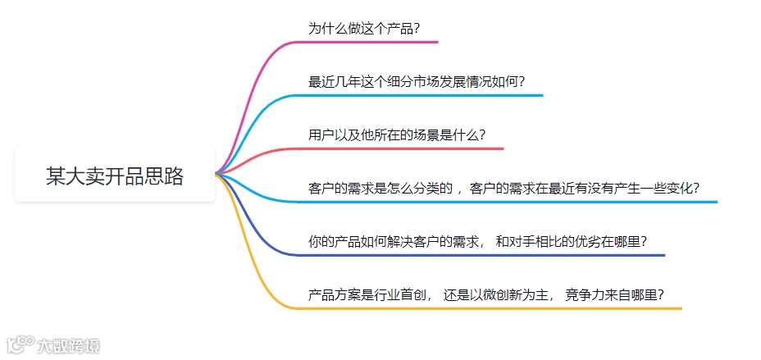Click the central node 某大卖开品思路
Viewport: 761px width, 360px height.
click(115, 175)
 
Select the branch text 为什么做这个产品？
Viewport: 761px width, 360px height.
click(364, 28)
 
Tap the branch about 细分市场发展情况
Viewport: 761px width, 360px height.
click(417, 82)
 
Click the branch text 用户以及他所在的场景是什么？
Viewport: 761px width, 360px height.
click(397, 135)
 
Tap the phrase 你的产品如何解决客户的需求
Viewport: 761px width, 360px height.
click(392, 242)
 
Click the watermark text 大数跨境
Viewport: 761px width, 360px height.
click(67, 345)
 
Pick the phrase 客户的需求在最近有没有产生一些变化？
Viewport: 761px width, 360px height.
click(586, 189)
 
